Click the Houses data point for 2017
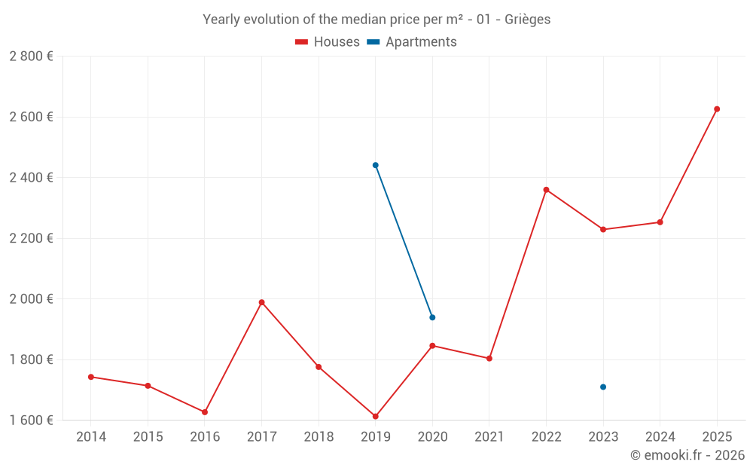(261, 302)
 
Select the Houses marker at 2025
(717, 109)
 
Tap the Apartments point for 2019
(375, 165)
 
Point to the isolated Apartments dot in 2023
(603, 387)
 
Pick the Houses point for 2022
(546, 190)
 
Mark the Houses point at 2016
(205, 412)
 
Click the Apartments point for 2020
(432, 317)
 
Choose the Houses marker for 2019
(375, 417)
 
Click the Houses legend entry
(328, 42)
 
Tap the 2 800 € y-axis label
(31, 57)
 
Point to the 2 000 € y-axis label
(31, 299)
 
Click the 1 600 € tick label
(31, 421)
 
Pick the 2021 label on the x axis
(489, 437)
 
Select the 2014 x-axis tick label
(91, 437)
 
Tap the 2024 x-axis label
(660, 437)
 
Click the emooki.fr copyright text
(687, 455)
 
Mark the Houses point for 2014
(91, 377)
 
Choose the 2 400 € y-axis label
(31, 178)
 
